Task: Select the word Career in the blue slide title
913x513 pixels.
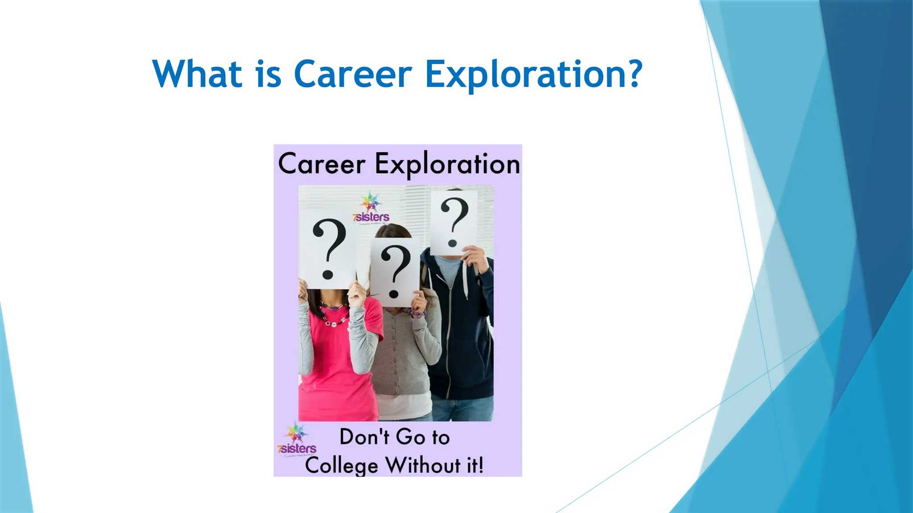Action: click(353, 74)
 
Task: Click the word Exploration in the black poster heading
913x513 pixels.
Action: click(447, 164)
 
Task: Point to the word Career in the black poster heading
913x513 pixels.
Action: click(321, 164)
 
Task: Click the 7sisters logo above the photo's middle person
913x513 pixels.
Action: click(371, 208)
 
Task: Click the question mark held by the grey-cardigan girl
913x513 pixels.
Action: click(395, 271)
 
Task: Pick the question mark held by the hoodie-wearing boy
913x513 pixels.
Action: click(454, 221)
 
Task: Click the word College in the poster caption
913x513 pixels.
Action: click(341, 466)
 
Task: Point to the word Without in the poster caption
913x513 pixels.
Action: click(423, 465)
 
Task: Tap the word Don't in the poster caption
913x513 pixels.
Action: click(364, 437)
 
